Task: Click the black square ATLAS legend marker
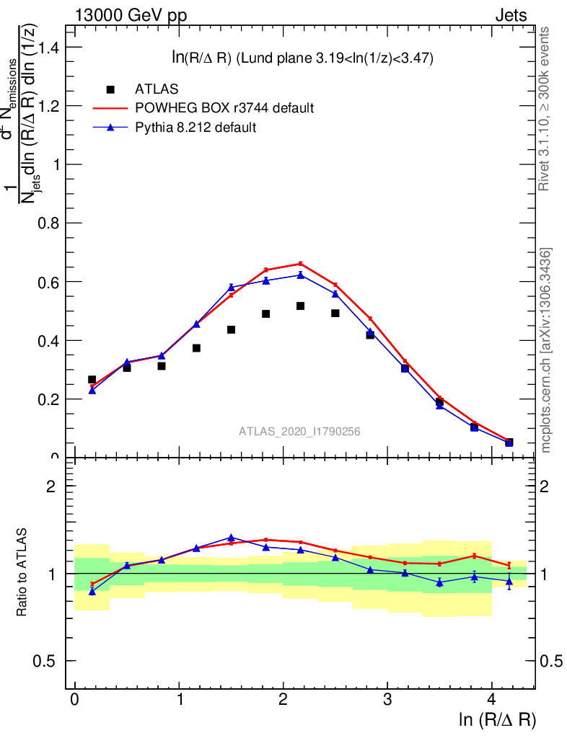110,89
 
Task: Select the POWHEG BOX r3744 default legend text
224,108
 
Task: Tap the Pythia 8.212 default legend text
195,128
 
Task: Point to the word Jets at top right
511,16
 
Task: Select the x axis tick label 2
283,700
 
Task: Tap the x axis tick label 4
491,700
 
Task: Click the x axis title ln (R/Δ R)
497,719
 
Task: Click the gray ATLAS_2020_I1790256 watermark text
299,432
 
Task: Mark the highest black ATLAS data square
300,306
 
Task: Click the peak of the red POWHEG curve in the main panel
300,264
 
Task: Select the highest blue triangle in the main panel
300,275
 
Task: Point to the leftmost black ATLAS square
92,380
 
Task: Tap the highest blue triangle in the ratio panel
231,538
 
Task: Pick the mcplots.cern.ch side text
546,350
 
